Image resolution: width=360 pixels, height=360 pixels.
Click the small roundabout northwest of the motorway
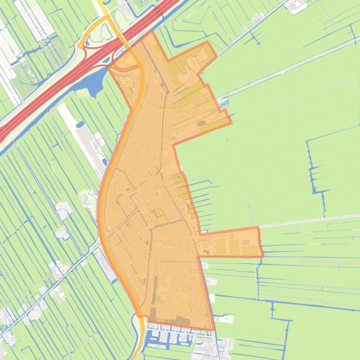pyautogui.click(x=81, y=46)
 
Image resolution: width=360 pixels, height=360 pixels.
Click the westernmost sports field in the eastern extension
pyautogui.click(x=220, y=247)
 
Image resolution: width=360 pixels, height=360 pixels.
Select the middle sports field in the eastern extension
pyautogui.click(x=234, y=247)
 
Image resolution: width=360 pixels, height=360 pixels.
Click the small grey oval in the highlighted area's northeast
pyautogui.click(x=201, y=123)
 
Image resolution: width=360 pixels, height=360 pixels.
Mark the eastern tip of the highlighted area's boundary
pyautogui.click(x=263, y=255)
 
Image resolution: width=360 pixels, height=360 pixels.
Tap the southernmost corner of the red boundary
pyautogui.click(x=214, y=330)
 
